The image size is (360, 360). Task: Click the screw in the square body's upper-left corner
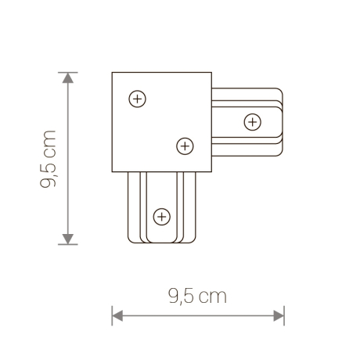click(x=137, y=99)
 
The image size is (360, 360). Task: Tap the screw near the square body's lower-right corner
click(x=185, y=145)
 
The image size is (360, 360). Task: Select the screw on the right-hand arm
click(x=252, y=121)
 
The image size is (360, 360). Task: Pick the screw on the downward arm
click(x=161, y=214)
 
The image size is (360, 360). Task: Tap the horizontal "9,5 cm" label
click(x=197, y=296)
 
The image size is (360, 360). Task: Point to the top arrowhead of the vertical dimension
click(x=69, y=78)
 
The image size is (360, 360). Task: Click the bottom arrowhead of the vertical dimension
click(x=69, y=238)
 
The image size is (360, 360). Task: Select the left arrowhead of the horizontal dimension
click(x=118, y=316)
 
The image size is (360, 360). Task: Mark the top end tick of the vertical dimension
click(x=69, y=73)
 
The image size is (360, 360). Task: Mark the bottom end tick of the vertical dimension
click(x=69, y=244)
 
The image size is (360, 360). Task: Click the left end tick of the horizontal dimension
click(x=113, y=316)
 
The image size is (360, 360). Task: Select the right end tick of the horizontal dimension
click(x=284, y=316)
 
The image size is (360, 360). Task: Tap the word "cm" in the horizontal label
click(x=212, y=297)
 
